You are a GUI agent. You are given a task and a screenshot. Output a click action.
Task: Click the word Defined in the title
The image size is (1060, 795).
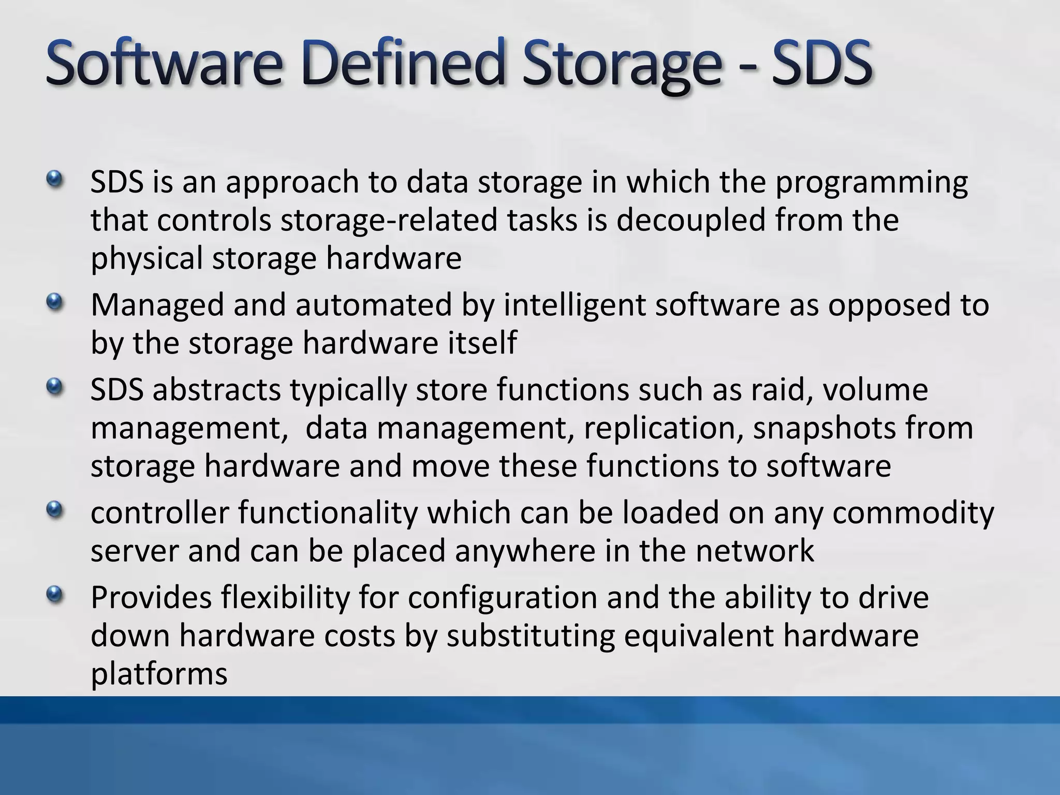click(x=401, y=65)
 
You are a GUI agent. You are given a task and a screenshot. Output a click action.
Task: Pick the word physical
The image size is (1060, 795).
click(x=146, y=259)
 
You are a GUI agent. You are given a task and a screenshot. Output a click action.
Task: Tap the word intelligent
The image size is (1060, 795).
click(x=574, y=305)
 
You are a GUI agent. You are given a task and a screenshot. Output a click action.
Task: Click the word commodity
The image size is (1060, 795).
click(x=913, y=514)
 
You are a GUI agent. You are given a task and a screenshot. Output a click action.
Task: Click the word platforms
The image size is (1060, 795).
click(x=159, y=674)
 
